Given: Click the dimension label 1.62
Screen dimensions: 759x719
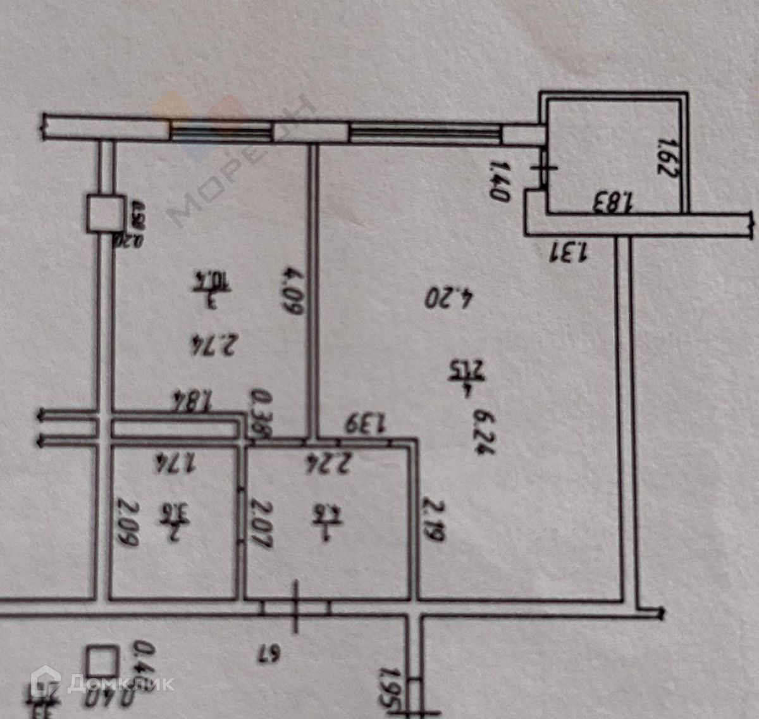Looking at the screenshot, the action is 666,158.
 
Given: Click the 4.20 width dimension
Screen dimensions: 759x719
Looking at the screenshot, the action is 449,297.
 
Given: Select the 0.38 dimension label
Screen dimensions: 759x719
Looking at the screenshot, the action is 260,414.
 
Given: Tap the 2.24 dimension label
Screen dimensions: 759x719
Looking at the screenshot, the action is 328,465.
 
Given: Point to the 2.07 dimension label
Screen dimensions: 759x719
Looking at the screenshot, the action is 261,524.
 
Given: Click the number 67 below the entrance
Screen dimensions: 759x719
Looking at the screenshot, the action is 268,654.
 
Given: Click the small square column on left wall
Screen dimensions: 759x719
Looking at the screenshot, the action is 105,213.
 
